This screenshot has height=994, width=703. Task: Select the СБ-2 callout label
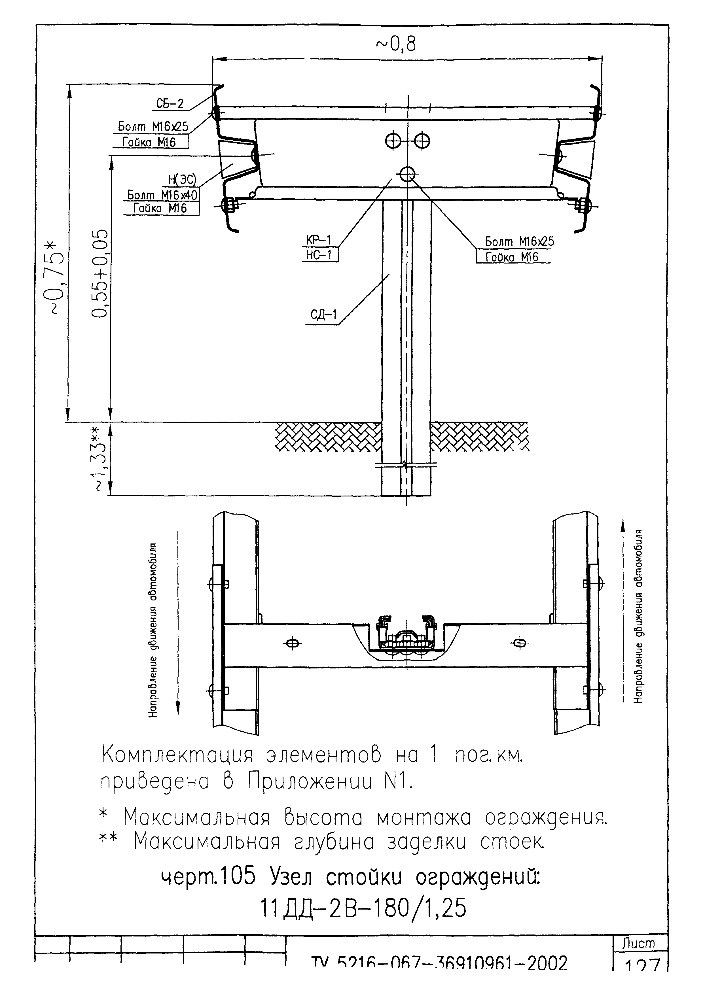[x=170, y=103]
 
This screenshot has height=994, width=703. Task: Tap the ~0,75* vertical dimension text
[x=56, y=277]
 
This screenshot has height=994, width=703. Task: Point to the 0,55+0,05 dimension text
[x=99, y=274]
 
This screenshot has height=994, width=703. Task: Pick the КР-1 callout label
[x=319, y=239]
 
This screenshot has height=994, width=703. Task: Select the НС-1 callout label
[x=319, y=255]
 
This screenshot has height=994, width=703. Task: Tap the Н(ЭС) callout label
[x=182, y=179]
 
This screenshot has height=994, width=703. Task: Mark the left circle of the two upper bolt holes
[x=393, y=140]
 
